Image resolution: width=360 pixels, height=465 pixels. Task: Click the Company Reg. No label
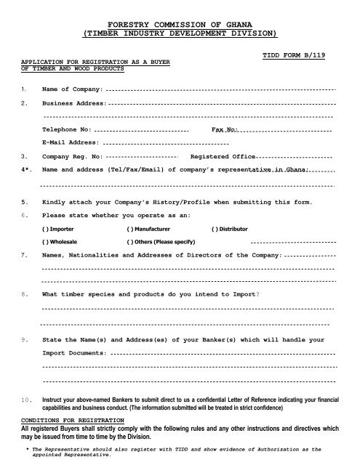click(73, 156)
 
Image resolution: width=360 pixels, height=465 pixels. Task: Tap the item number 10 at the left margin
click(27, 400)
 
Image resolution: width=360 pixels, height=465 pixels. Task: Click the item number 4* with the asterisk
click(27, 169)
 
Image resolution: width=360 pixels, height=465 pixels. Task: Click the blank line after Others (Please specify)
click(291, 241)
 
